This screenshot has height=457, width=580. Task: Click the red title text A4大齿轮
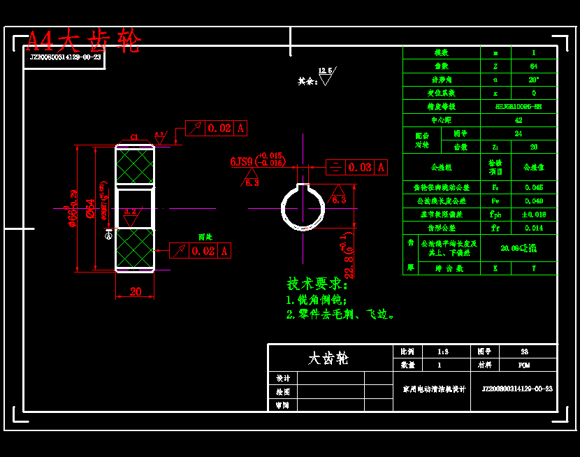click(x=84, y=41)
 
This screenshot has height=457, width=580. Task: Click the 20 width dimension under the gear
click(x=136, y=291)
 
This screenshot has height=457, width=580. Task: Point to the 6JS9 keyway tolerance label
click(x=241, y=162)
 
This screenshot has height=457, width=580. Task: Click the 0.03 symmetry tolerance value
click(x=360, y=168)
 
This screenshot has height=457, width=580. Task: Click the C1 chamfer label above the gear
click(x=134, y=138)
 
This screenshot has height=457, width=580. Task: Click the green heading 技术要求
click(x=317, y=284)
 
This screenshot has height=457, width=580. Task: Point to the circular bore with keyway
click(x=303, y=208)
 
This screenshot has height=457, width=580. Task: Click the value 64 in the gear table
click(x=534, y=66)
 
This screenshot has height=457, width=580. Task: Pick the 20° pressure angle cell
click(x=534, y=80)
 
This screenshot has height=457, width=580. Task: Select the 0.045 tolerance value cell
click(x=534, y=187)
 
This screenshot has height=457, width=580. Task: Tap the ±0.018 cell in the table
click(x=534, y=215)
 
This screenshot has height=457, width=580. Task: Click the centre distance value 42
click(x=518, y=120)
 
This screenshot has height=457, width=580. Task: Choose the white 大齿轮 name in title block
click(x=328, y=358)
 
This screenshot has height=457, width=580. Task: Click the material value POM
click(x=524, y=365)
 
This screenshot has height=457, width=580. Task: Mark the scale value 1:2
click(x=442, y=351)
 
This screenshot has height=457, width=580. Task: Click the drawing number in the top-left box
click(x=65, y=57)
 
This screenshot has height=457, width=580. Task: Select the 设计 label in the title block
click(x=282, y=378)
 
